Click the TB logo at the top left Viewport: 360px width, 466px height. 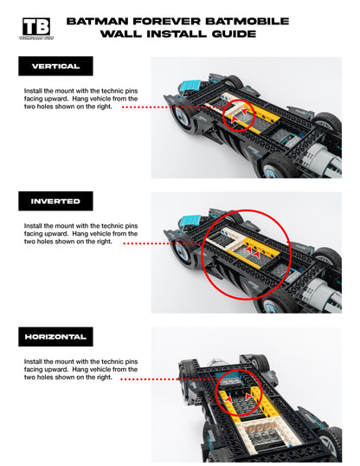click(x=35, y=28)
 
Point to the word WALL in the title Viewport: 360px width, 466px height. click(x=120, y=34)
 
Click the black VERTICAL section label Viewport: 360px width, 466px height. click(x=55, y=66)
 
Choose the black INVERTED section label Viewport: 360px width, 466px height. click(x=55, y=201)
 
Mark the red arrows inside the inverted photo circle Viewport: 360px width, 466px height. click(x=252, y=249)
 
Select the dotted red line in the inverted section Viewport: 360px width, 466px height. click(x=164, y=243)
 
